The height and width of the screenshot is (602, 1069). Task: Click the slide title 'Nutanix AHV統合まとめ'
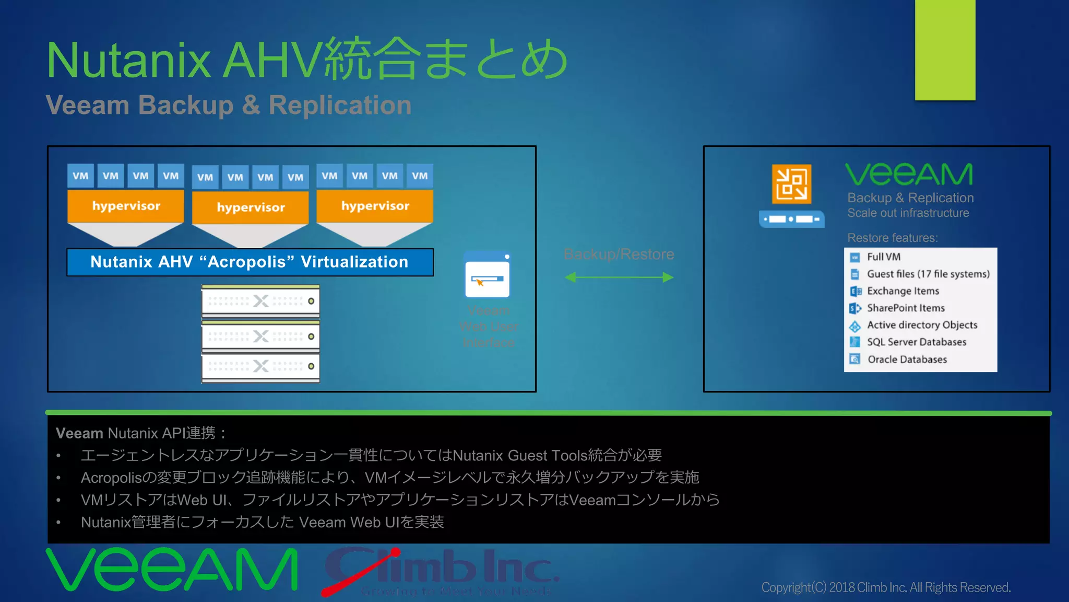307,60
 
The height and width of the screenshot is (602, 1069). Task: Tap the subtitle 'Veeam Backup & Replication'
229,105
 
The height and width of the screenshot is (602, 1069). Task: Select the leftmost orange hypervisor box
126,206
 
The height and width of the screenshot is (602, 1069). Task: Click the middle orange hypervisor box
251,207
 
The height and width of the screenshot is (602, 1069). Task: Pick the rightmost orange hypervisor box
375,206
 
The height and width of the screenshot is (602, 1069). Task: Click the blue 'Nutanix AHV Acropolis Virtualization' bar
250,262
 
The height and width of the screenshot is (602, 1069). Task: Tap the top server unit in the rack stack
260,301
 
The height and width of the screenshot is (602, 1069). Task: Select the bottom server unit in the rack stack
260,366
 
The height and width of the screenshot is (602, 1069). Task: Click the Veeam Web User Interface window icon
487,275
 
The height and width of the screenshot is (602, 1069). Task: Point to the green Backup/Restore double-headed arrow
619,277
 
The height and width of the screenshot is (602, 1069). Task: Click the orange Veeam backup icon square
791,184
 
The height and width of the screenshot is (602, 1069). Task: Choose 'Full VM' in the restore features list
883,257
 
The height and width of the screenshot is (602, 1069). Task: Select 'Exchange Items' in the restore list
902,291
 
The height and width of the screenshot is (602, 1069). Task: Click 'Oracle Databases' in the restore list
907,359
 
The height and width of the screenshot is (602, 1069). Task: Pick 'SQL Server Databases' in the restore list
916,342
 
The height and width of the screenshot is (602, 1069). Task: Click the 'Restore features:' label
892,238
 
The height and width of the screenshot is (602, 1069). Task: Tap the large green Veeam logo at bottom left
172,570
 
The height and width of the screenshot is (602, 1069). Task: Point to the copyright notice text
886,587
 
